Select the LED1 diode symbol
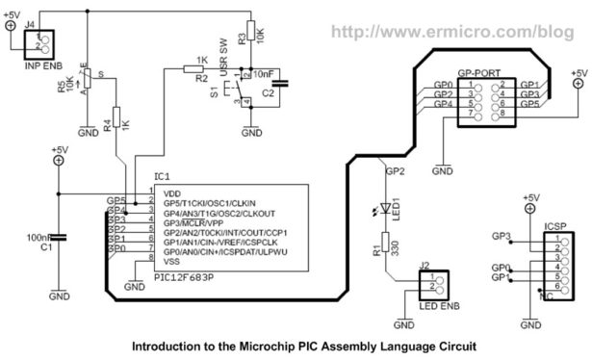coord(388,209)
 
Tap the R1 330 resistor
coord(388,244)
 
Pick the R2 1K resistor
coord(201,68)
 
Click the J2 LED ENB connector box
coord(427,286)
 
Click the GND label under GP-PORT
coord(442,170)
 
